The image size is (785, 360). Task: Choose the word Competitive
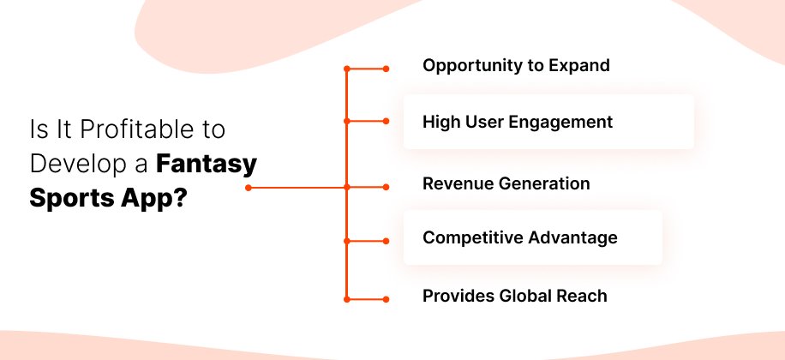472,237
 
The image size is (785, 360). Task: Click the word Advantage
575,237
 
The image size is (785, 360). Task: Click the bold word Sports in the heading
70,194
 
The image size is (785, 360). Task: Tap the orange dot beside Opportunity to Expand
386,68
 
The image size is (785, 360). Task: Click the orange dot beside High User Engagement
386,122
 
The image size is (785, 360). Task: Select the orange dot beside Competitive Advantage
386,240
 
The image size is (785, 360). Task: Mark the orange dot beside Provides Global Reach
386,299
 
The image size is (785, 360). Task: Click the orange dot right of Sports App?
248,187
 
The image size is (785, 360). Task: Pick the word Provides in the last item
458,296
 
